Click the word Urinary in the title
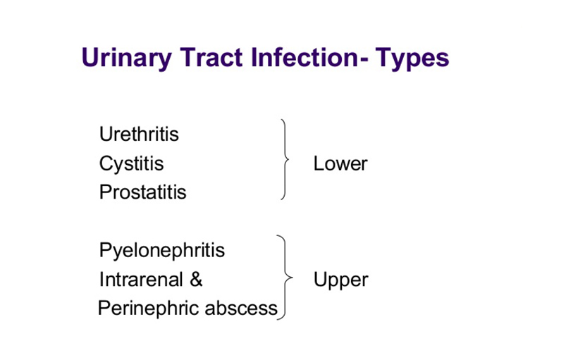point(126,58)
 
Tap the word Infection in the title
point(304,58)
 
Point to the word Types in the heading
point(412,58)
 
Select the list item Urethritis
point(139,134)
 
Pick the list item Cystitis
point(131,163)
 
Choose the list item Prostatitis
point(142,192)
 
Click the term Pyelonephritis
point(162,250)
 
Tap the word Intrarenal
point(141,280)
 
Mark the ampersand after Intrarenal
point(196,280)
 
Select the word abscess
point(241,309)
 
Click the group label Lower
point(340,163)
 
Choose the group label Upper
point(340,280)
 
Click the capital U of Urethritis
point(106,134)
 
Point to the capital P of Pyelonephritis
point(105,249)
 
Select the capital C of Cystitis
point(106,163)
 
